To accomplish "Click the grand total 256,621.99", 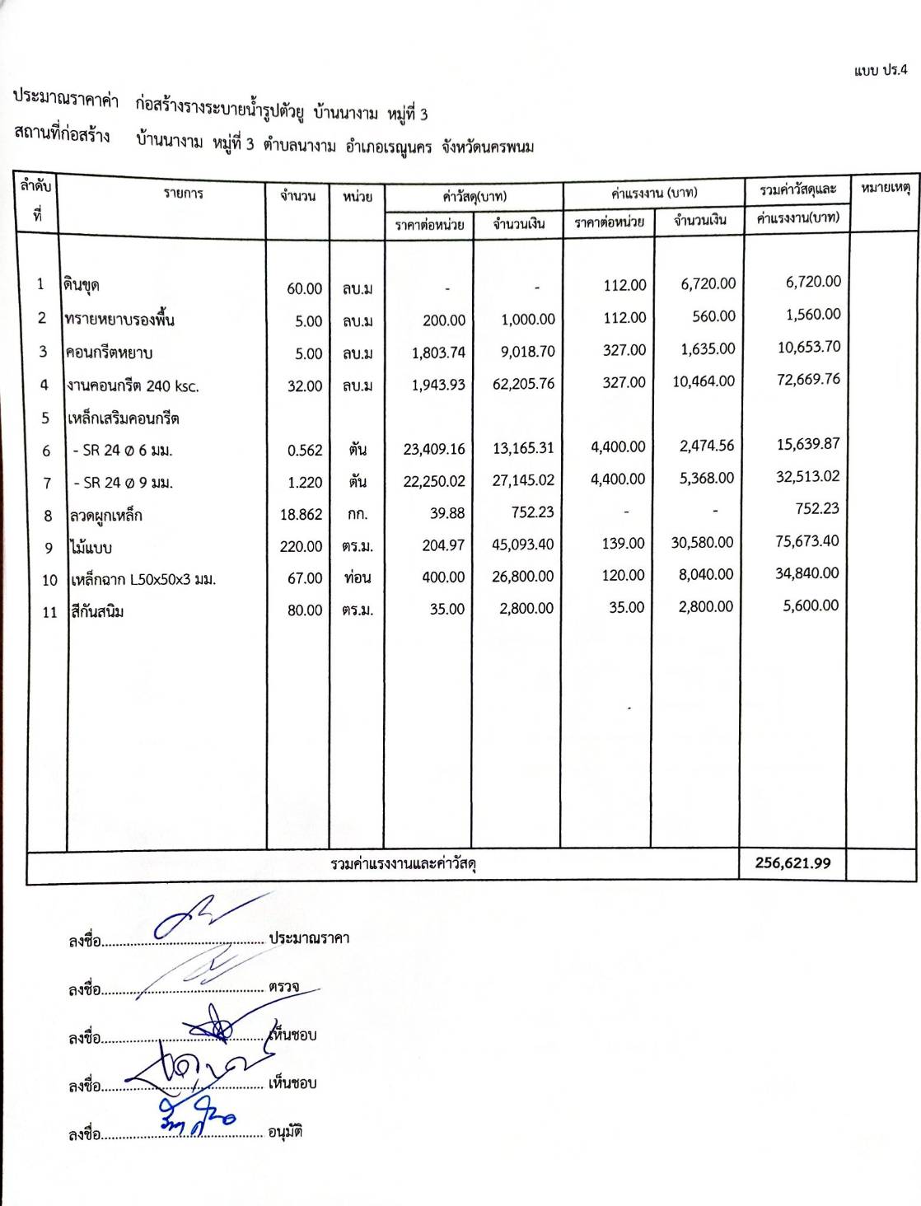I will point(792,863).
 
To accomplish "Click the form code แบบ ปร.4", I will point(881,70).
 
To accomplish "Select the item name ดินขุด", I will point(82,286).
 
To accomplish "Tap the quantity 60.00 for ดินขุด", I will point(304,289).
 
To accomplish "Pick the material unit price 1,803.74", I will point(438,353).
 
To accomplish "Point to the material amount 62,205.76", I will point(523,384).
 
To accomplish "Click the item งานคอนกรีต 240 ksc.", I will point(133,386).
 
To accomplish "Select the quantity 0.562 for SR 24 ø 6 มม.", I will point(305,450).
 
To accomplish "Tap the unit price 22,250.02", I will point(434,481).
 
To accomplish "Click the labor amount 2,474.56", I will point(706,446).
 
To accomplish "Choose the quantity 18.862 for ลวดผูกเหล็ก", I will point(301,514).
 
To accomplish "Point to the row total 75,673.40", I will point(806,541).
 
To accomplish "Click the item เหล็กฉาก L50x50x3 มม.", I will point(143,579).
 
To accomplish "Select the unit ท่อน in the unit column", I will point(358,577).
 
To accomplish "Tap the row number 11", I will point(49,612).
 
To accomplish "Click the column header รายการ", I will point(183,194).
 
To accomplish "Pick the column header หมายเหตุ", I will point(884,189).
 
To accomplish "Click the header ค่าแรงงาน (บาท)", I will point(654,193).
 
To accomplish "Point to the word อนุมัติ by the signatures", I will point(286,1131).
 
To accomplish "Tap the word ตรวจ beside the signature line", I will point(283,986).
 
